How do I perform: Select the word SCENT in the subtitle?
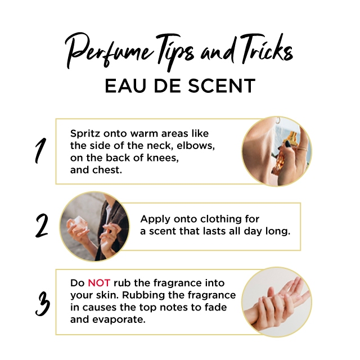tap(222, 85)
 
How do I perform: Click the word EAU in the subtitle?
tap(125, 85)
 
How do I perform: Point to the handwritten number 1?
tap(40, 151)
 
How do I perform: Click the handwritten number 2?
tap(42, 226)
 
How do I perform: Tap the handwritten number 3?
tap(43, 304)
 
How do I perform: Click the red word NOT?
tap(99, 283)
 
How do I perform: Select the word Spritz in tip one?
tap(85, 134)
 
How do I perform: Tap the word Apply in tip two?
tap(155, 219)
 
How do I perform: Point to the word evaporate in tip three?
tap(119, 319)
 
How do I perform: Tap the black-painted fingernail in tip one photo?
tap(287, 144)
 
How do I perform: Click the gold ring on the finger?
tap(303, 148)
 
